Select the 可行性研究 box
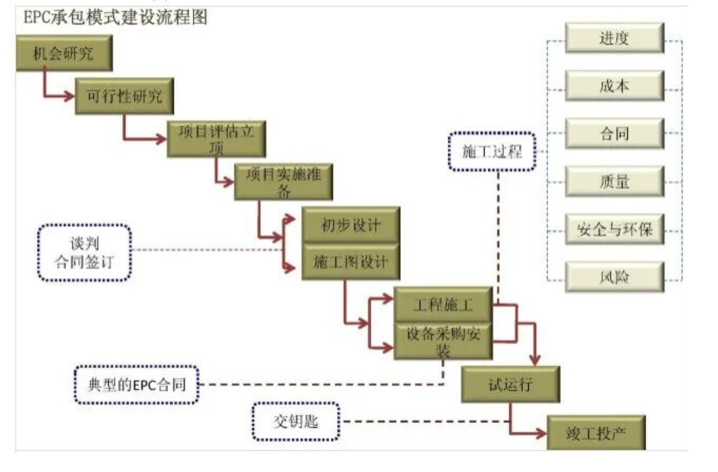point(125,96)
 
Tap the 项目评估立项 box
point(216,139)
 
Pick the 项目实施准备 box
point(284,181)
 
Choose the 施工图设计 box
point(351,261)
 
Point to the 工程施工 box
point(442,304)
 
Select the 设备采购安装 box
point(442,341)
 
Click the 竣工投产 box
point(595,433)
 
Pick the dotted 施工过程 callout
point(492,150)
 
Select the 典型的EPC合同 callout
point(136,384)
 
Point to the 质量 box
point(614,182)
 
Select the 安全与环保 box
point(614,230)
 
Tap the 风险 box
point(614,277)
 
